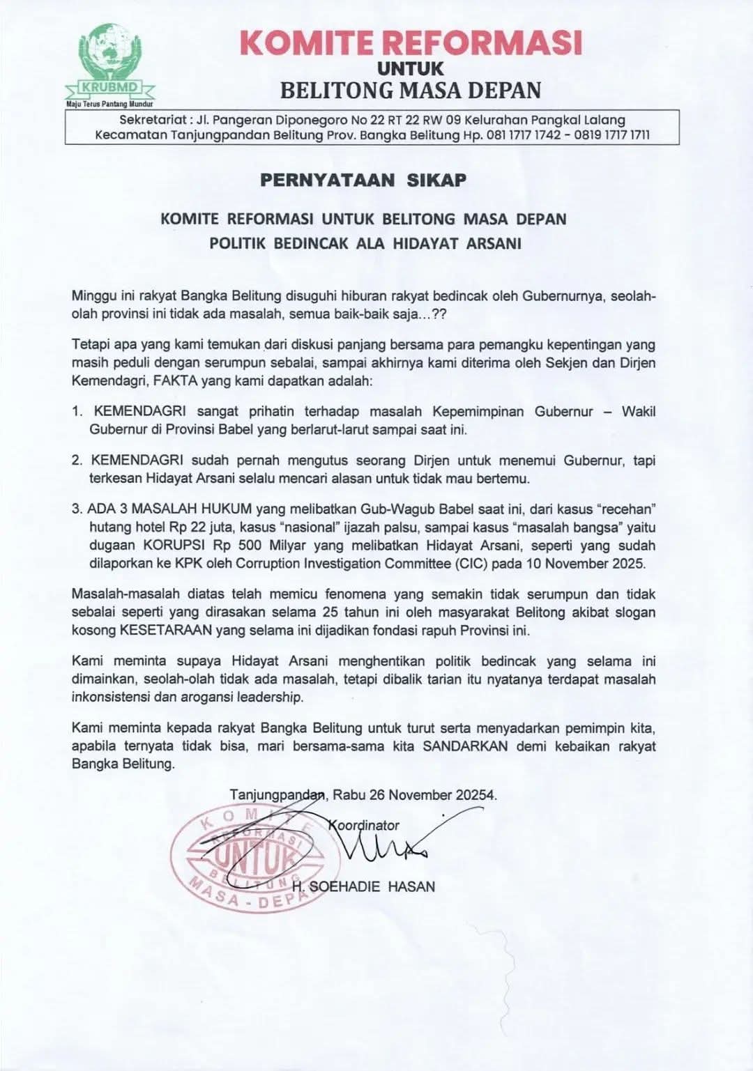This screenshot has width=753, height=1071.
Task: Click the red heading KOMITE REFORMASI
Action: (411, 43)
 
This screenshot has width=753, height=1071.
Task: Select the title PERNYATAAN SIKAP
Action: (363, 180)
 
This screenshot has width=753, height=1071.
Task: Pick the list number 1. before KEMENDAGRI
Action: (78, 411)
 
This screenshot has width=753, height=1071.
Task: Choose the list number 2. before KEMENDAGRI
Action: (78, 461)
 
